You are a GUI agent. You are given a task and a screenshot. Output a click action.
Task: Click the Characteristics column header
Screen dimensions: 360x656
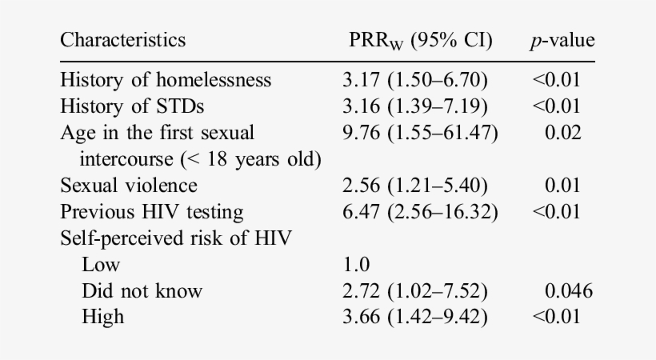(123, 39)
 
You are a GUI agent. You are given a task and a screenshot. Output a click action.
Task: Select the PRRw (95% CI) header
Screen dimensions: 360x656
(417, 40)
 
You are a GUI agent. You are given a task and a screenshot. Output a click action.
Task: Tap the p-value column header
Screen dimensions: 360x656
(562, 40)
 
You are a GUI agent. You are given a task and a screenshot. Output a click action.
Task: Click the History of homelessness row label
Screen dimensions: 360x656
(166, 80)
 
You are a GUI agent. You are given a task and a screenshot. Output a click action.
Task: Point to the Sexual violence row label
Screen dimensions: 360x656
(129, 186)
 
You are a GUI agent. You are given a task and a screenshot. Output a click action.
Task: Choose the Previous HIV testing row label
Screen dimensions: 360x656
(152, 212)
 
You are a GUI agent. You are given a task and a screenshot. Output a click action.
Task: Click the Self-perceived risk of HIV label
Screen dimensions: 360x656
(163, 238)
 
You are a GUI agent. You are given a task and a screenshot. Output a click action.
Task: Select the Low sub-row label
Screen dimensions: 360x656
(101, 264)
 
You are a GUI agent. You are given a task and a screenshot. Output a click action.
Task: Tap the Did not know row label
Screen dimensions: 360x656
(142, 290)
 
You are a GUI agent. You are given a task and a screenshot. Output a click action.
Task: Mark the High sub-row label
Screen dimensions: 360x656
(102, 317)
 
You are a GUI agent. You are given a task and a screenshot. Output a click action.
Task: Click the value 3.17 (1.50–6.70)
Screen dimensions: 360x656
(414, 80)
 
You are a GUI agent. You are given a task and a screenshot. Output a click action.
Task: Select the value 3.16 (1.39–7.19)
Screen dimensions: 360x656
(414, 106)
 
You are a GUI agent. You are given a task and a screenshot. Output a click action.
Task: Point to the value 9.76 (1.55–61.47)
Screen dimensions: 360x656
(420, 133)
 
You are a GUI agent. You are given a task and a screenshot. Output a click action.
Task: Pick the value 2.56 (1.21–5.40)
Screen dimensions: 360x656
(414, 186)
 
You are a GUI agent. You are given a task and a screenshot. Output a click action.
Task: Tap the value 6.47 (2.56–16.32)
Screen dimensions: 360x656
(420, 212)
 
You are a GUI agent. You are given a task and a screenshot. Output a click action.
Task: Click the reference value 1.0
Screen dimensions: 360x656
(355, 264)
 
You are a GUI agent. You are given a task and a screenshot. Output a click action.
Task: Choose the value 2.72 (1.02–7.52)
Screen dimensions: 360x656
(414, 290)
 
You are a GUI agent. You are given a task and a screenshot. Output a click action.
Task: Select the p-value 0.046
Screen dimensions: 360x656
(568, 290)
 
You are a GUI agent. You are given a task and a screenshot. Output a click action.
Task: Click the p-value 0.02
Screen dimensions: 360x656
(563, 133)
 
